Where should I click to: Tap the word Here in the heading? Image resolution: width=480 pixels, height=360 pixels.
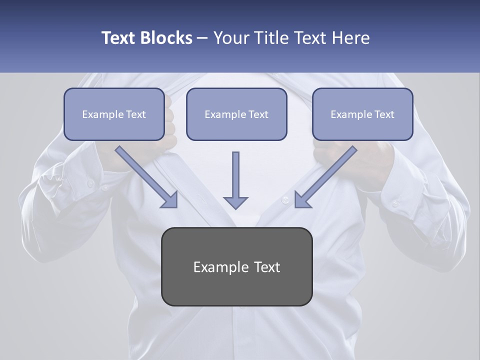point(351,38)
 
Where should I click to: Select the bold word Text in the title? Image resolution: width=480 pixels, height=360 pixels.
point(119,38)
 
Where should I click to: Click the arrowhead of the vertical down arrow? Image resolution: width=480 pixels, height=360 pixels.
point(235,202)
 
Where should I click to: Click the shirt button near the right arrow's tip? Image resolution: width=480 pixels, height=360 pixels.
point(285,200)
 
